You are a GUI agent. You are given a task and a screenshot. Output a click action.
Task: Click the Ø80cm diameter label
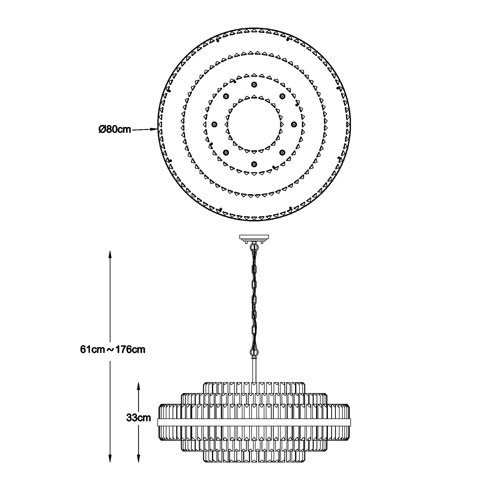tap(115, 129)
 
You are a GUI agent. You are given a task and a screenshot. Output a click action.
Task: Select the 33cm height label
tap(138, 418)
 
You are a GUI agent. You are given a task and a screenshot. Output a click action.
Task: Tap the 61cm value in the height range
tap(92, 350)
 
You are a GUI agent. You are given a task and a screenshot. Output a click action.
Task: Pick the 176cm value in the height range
tap(130, 350)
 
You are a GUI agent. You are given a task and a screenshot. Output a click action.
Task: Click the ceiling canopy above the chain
tap(254, 238)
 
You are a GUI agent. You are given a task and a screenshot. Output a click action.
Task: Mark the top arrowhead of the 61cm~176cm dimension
tap(110, 254)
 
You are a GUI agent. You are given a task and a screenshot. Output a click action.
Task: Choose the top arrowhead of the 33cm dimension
tap(138, 387)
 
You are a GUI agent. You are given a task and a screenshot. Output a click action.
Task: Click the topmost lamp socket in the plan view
tap(254, 85)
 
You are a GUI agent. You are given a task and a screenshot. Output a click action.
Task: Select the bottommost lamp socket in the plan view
tap(254, 164)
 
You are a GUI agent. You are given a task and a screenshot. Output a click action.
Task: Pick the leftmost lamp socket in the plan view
tap(215, 124)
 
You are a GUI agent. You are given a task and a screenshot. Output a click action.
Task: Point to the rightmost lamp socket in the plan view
tap(294, 124)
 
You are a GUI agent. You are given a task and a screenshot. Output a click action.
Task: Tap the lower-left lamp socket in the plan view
tap(226, 152)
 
